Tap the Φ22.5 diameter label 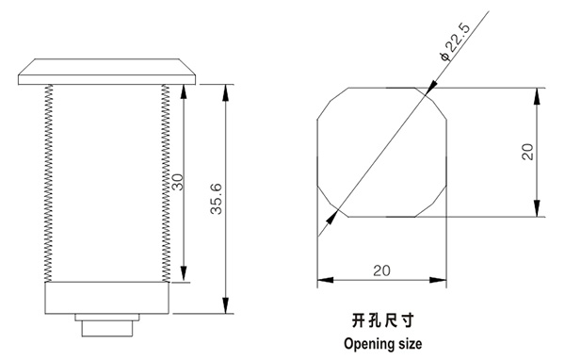coord(449,46)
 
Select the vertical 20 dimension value coord(527,152)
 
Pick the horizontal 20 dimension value coord(381,270)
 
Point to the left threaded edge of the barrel coord(47,185)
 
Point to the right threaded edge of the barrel coord(167,185)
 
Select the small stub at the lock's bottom coord(105,327)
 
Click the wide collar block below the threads coord(106,299)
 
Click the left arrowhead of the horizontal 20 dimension coord(323,280)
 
